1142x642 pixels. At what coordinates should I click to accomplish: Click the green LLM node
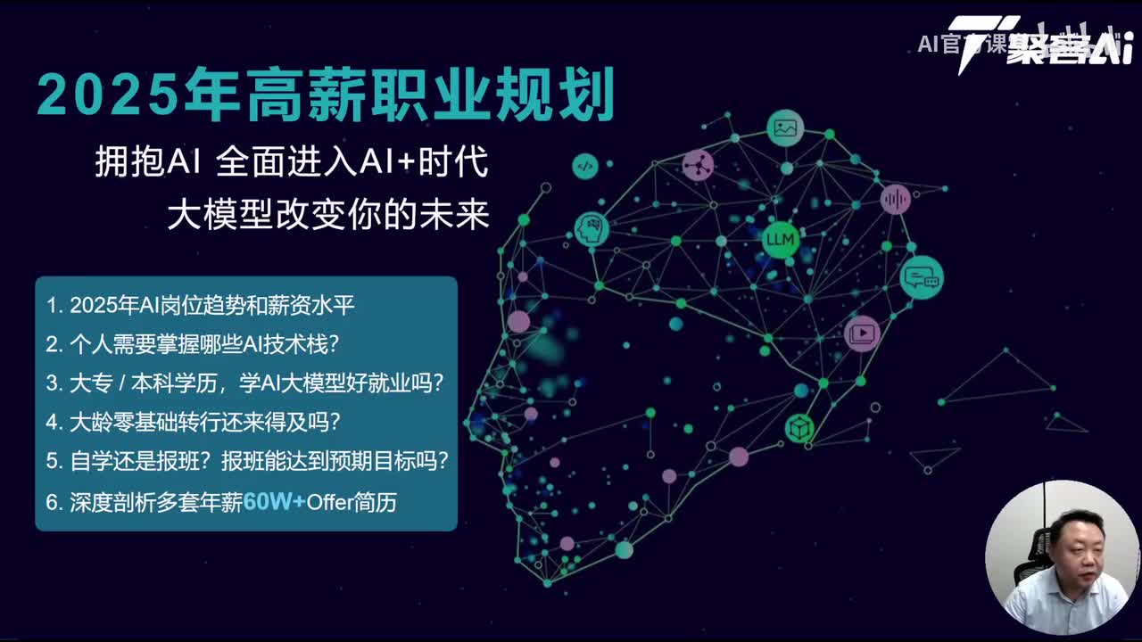coord(781,239)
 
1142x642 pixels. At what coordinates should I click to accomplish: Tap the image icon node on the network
coord(785,128)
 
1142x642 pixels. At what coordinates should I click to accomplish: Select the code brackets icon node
coord(585,165)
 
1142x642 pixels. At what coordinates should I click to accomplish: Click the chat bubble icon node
coord(921,276)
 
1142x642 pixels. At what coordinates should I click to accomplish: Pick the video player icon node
coord(862,333)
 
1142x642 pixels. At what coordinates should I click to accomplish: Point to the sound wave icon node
coord(895,199)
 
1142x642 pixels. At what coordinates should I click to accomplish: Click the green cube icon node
coord(799,428)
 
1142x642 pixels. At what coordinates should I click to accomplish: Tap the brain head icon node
coord(591,229)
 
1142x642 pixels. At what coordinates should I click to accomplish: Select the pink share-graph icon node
coord(698,165)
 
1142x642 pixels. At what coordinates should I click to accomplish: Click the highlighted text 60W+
coord(274,502)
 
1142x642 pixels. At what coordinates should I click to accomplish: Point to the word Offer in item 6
coord(329,502)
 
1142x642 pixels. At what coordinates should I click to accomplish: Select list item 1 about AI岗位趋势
coord(201,305)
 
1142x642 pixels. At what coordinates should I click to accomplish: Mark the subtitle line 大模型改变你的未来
coord(328,215)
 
